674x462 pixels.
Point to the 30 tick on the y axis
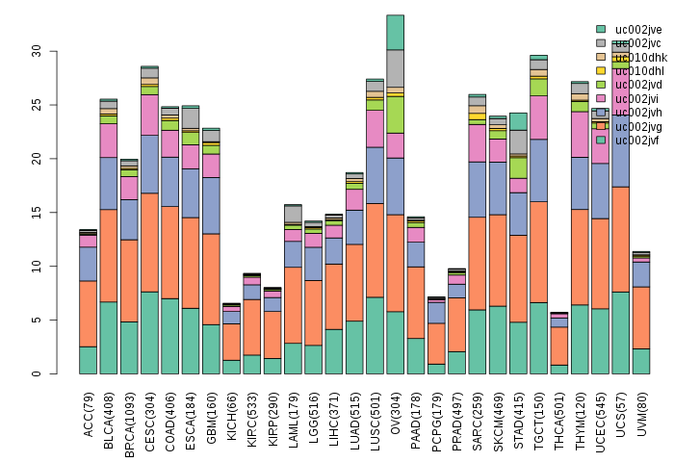[36, 50]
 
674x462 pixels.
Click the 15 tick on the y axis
[36, 212]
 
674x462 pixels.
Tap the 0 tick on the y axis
[36, 373]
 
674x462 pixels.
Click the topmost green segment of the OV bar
[396, 32]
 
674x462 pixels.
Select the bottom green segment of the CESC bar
[149, 332]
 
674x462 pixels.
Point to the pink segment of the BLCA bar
[109, 141]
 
